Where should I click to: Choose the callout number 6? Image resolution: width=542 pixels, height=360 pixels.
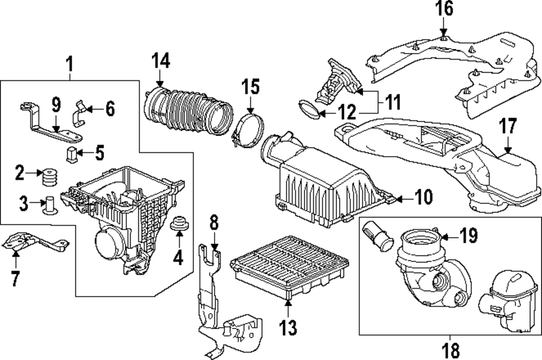point(109,109)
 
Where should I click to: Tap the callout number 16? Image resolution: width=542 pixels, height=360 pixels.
point(443,9)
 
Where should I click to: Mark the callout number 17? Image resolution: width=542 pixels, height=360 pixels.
point(508,128)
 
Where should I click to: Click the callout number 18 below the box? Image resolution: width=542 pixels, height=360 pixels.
point(449,349)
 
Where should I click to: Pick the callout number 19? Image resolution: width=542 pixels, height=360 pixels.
point(468,236)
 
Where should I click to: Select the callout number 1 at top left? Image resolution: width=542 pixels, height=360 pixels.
point(69,65)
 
